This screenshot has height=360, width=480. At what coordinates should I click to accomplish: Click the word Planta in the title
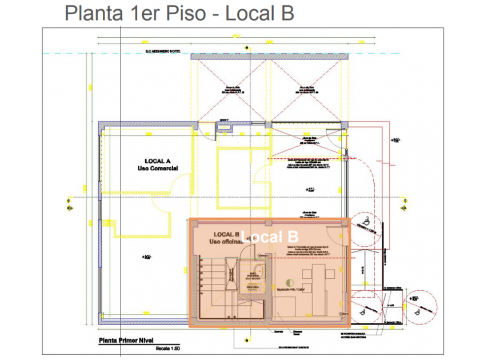[93, 13]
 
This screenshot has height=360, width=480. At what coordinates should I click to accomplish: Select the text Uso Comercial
[158, 169]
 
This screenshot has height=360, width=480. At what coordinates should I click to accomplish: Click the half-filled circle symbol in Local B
[290, 282]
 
